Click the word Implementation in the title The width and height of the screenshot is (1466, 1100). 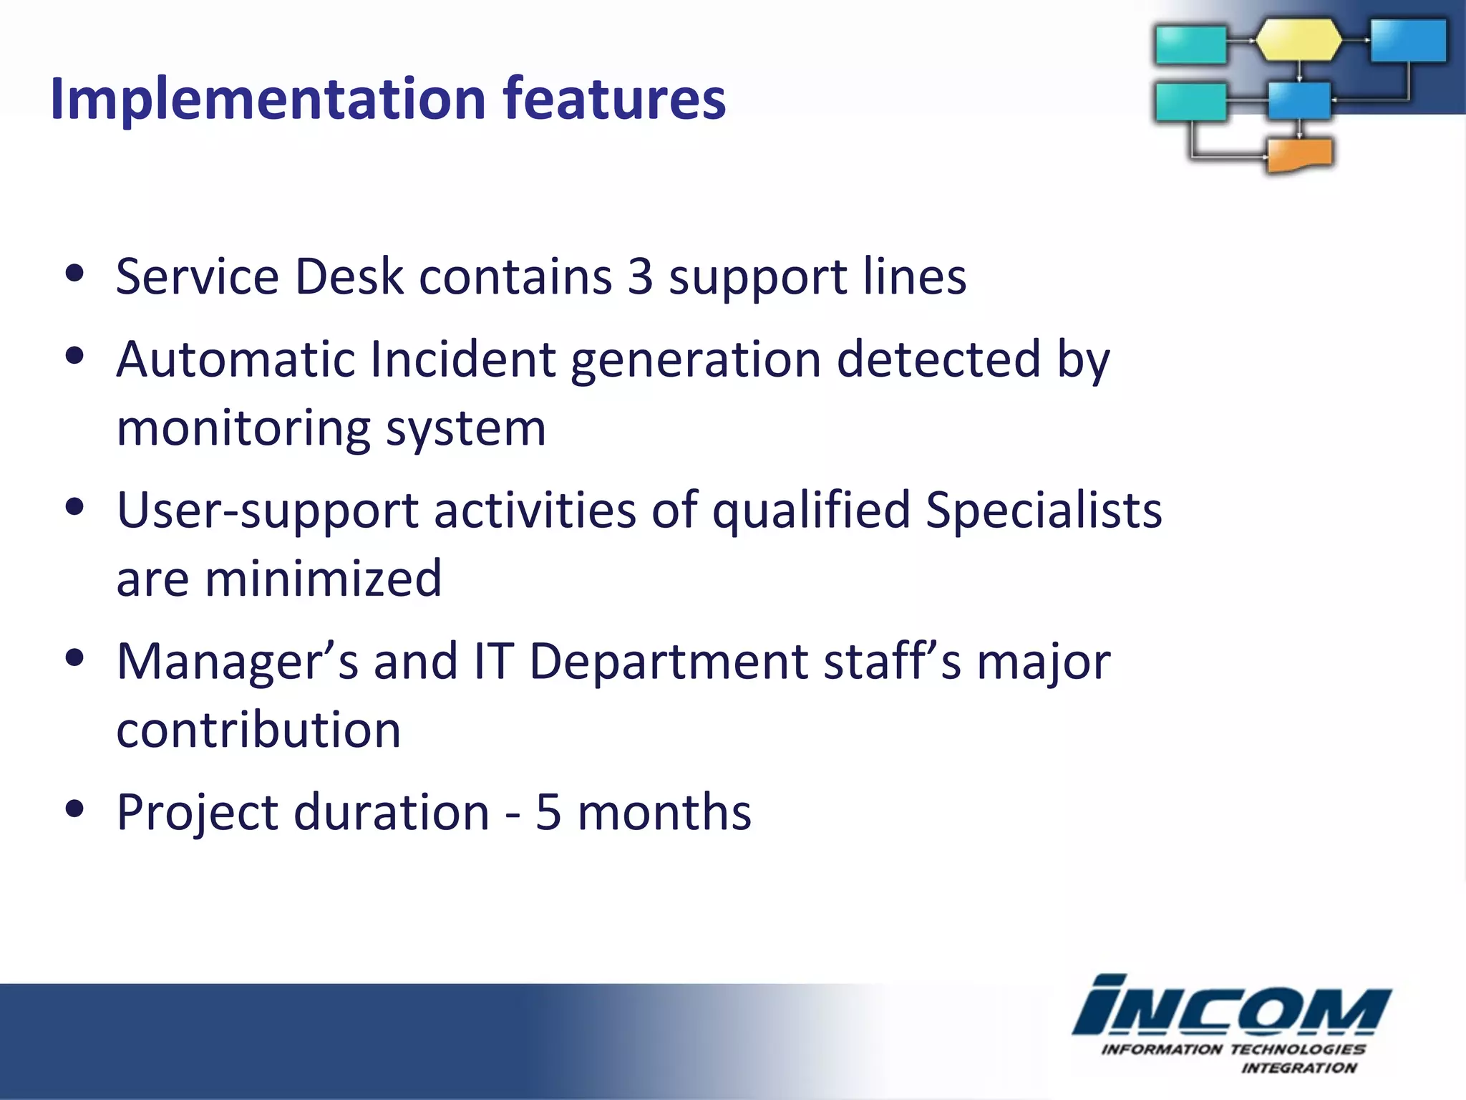(268, 99)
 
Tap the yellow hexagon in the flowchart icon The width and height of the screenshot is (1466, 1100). (1298, 40)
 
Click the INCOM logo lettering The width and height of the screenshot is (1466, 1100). (1230, 1006)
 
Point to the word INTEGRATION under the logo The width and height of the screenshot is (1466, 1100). (1298, 1068)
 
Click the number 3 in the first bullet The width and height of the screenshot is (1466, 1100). (641, 276)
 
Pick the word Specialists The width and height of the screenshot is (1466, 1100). (1044, 511)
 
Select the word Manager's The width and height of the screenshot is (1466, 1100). (237, 661)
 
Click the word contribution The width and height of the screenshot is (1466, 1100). (258, 730)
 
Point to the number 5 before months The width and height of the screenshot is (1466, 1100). (548, 813)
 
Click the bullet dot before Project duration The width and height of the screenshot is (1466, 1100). (74, 809)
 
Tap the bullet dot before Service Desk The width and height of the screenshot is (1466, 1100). (74, 274)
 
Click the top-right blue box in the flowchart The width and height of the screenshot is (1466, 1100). (1407, 40)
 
